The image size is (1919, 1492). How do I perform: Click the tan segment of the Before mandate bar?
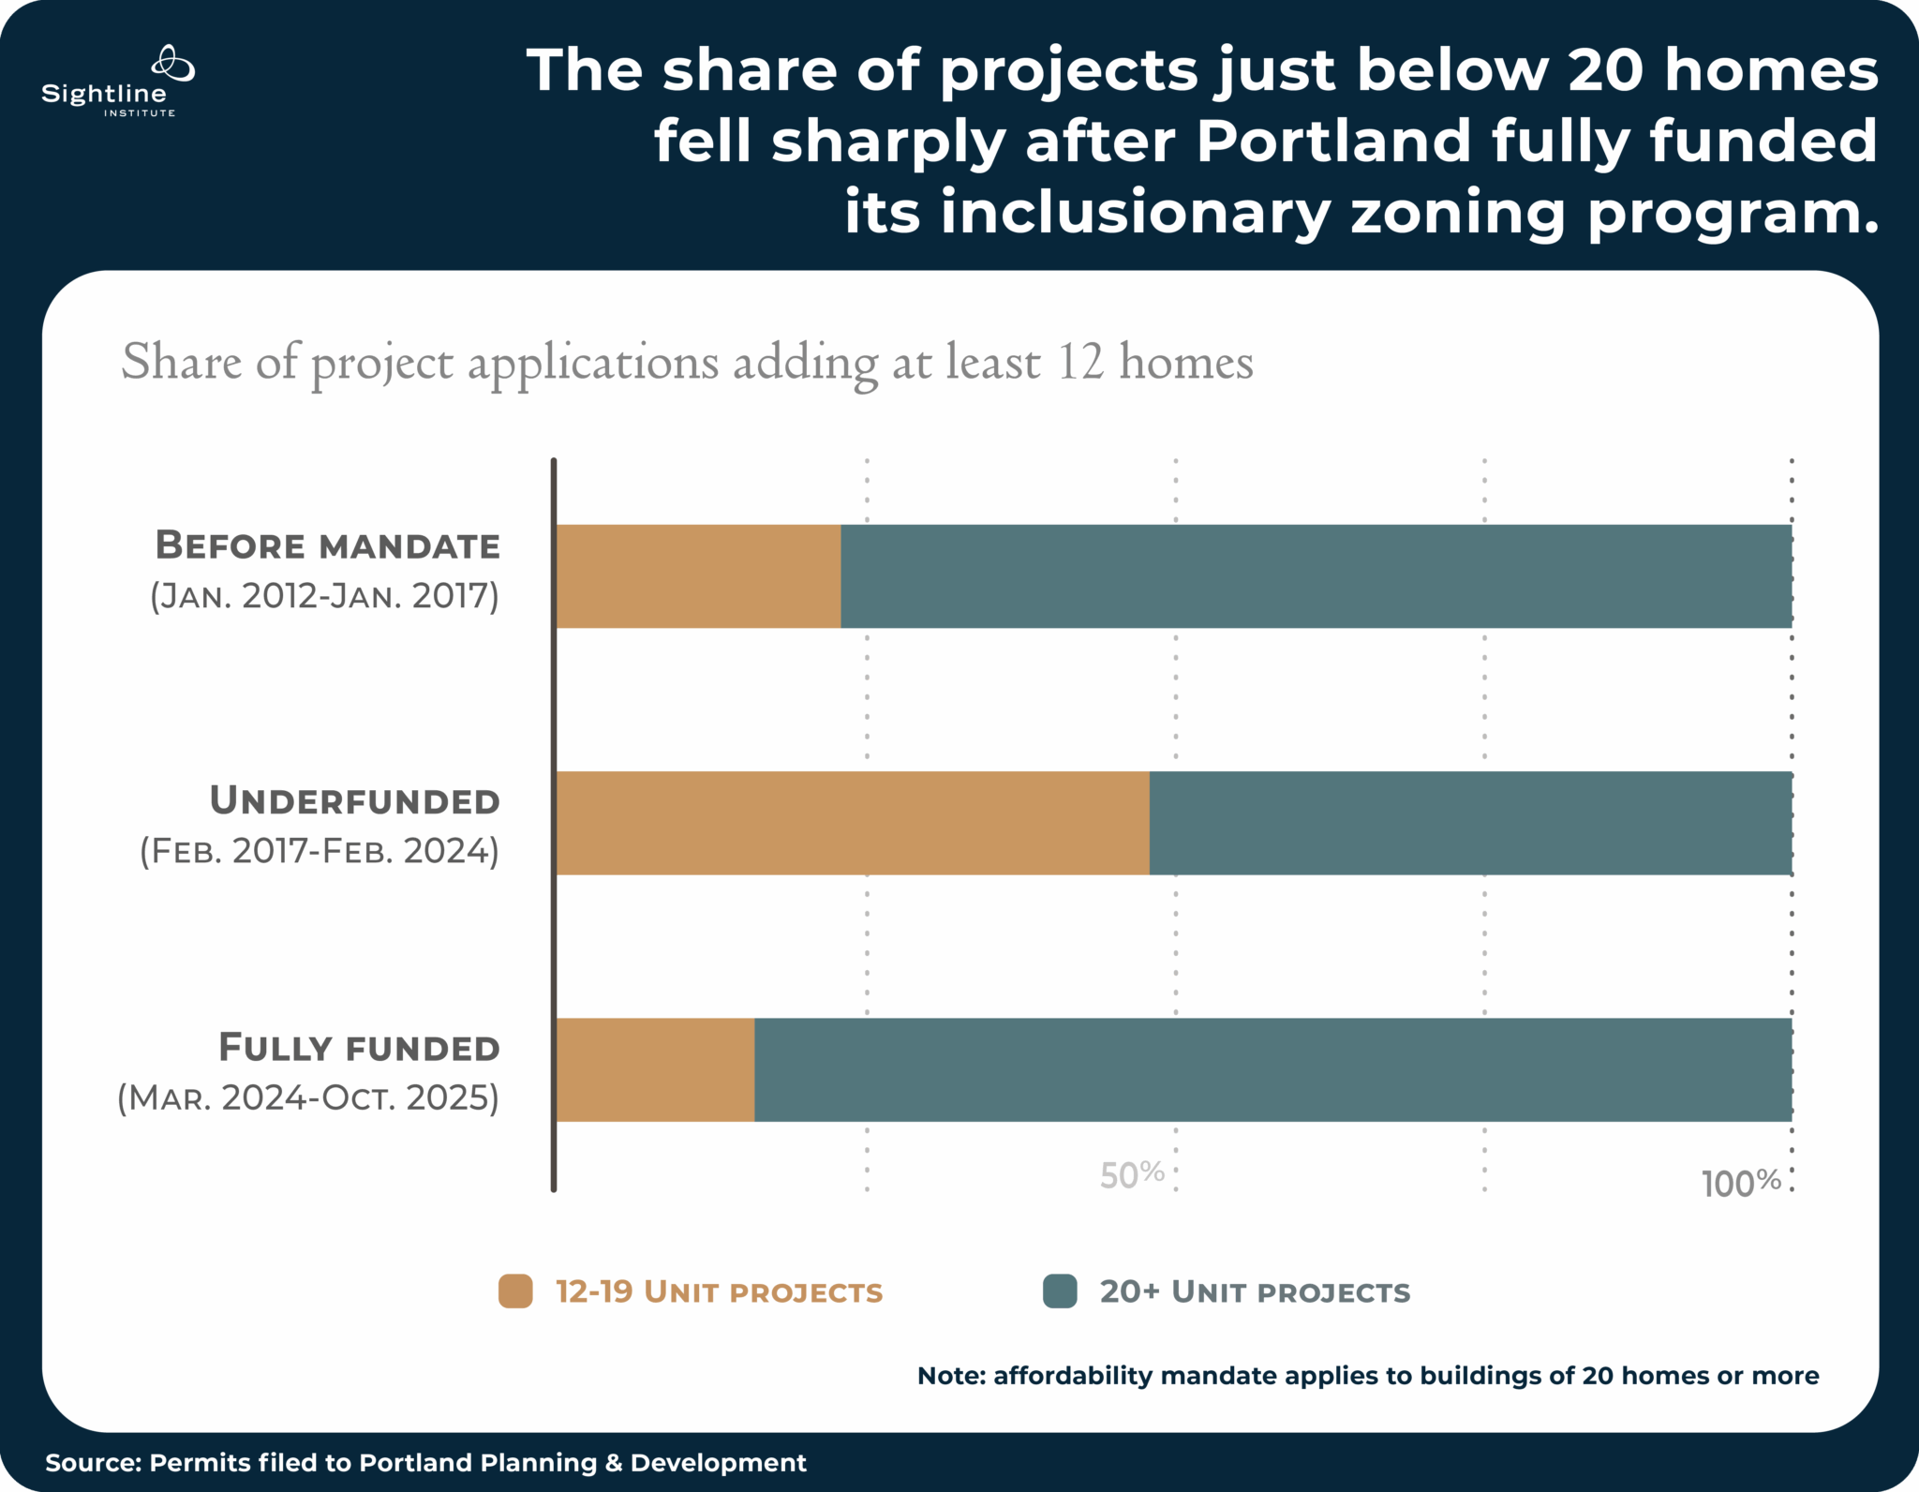pos(698,575)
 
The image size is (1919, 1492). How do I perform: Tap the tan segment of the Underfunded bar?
pos(852,823)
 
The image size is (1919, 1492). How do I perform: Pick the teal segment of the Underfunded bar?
pos(1470,823)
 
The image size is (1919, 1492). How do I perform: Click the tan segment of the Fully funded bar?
pos(655,1069)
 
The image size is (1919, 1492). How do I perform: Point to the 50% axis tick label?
pos(1132,1174)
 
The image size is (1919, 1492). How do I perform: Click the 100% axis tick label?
pos(1741,1184)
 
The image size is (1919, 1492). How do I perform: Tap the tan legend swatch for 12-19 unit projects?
pos(515,1291)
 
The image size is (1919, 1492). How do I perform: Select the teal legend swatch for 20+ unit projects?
pos(1060,1291)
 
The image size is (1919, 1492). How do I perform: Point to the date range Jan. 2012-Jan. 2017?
pos(325,596)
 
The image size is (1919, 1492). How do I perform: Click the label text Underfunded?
pos(354,801)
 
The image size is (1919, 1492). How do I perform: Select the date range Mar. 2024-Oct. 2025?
pos(308,1097)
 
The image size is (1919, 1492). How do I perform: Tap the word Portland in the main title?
pos(1334,141)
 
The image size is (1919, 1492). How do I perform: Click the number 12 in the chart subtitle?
pos(1080,362)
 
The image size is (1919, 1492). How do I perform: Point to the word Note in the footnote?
pos(949,1376)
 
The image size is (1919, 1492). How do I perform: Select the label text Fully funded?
pos(359,1048)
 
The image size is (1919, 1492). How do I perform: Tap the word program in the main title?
pos(1733,213)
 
